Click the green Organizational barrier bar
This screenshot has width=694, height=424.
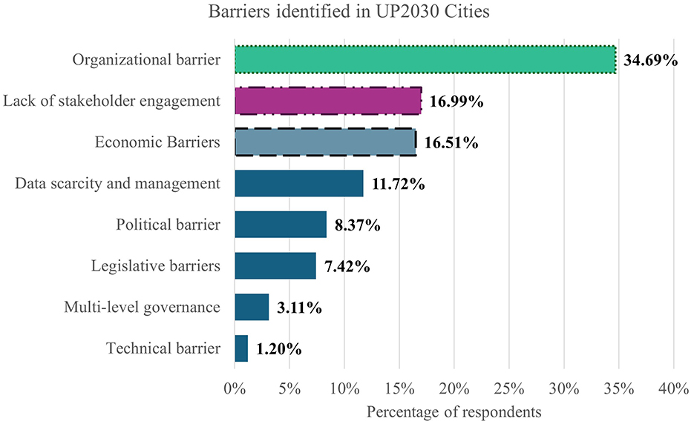pos(425,60)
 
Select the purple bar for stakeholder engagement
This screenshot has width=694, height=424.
pos(328,101)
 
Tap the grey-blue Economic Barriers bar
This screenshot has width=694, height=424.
pos(325,142)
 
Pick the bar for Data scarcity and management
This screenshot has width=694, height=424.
pos(298,183)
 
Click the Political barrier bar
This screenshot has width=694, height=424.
pos(280,224)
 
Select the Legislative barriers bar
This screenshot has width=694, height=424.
pos(275,265)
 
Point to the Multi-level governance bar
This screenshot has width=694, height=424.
pos(251,307)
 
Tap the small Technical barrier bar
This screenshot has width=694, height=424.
pos(240,348)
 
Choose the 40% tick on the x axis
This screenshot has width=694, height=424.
pos(672,387)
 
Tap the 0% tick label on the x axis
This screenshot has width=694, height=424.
pos(235,387)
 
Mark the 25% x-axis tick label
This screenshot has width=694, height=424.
pos(508,387)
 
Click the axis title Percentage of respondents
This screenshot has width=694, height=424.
pos(454,410)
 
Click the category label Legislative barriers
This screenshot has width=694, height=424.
pos(155,265)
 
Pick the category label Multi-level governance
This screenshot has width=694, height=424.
pos(142,307)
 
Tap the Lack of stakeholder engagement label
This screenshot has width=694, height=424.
pos(111,102)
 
